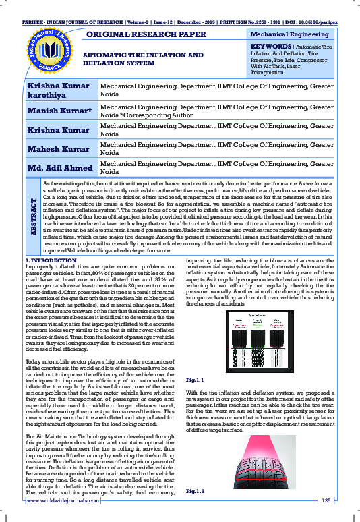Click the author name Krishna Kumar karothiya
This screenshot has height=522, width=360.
coord(58,90)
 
